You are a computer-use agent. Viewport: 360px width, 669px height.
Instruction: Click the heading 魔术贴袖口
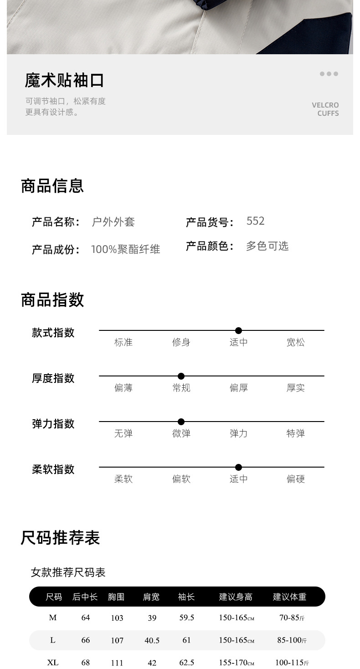click(x=64, y=80)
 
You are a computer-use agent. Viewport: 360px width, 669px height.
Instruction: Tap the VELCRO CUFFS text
click(x=325, y=109)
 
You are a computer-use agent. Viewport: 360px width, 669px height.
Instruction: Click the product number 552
click(x=255, y=221)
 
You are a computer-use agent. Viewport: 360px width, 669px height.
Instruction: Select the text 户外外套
click(x=113, y=222)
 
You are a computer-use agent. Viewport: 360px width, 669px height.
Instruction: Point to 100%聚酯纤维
click(x=125, y=249)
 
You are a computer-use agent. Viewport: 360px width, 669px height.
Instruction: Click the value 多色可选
click(x=267, y=246)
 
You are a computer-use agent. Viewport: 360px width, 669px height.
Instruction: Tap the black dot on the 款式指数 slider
click(x=238, y=330)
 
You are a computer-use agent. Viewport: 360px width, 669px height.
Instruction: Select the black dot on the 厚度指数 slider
click(x=181, y=376)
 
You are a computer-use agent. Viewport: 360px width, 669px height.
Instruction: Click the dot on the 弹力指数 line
click(x=181, y=422)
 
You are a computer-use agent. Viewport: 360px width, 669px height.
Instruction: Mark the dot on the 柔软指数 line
click(x=238, y=467)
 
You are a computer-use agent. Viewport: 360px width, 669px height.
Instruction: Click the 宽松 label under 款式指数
click(x=295, y=342)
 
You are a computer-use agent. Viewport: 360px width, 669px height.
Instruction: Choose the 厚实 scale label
click(x=295, y=388)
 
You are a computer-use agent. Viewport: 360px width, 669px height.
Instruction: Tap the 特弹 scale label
click(x=295, y=433)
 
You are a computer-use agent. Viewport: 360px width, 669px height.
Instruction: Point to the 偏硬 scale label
click(x=295, y=479)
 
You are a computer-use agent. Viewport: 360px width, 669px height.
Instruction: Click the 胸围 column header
click(x=116, y=597)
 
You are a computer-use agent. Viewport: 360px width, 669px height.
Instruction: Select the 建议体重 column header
click(x=289, y=597)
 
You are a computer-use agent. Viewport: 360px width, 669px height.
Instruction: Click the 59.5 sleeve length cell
click(x=186, y=618)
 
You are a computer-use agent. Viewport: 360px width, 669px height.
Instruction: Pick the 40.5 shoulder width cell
click(x=152, y=640)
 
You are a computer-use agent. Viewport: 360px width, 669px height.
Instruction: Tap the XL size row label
click(x=53, y=662)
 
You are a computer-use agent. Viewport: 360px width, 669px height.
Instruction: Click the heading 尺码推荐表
click(x=60, y=538)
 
